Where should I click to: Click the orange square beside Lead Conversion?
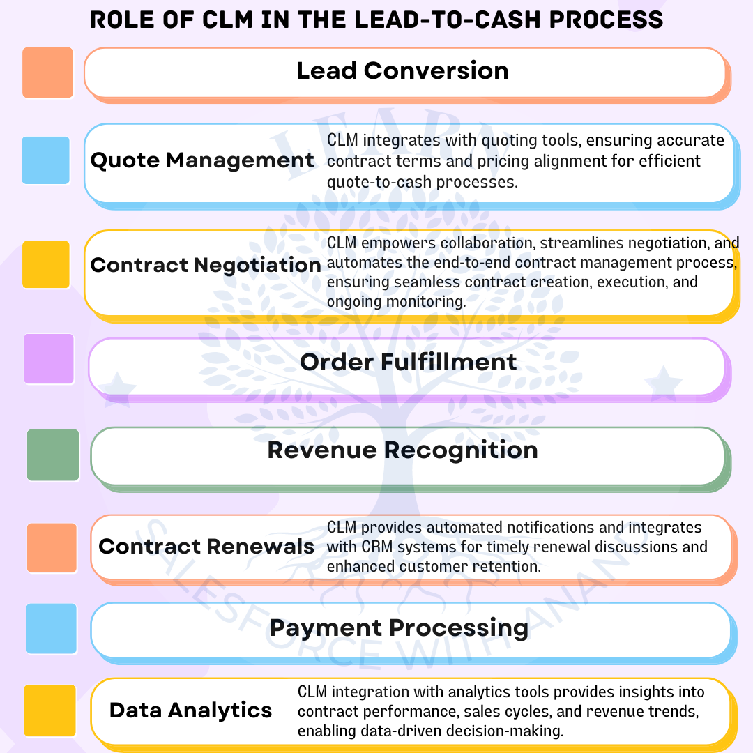pos(47,73)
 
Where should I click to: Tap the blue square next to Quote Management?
pos(46,160)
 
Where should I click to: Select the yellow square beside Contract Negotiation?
pos(46,264)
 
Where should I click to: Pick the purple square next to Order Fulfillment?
pos(49,358)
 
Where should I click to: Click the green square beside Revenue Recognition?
pos(53,455)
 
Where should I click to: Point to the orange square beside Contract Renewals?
pos(52,547)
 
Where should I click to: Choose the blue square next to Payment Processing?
pos(51,628)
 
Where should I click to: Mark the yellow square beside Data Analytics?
pos(50,710)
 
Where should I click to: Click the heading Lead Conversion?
pos(402,70)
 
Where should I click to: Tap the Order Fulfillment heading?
pos(409,362)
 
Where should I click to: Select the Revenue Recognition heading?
pos(402,450)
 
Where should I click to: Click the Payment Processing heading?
pos(399,627)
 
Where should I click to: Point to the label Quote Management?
pos(202,160)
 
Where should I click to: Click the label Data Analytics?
pos(190,710)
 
